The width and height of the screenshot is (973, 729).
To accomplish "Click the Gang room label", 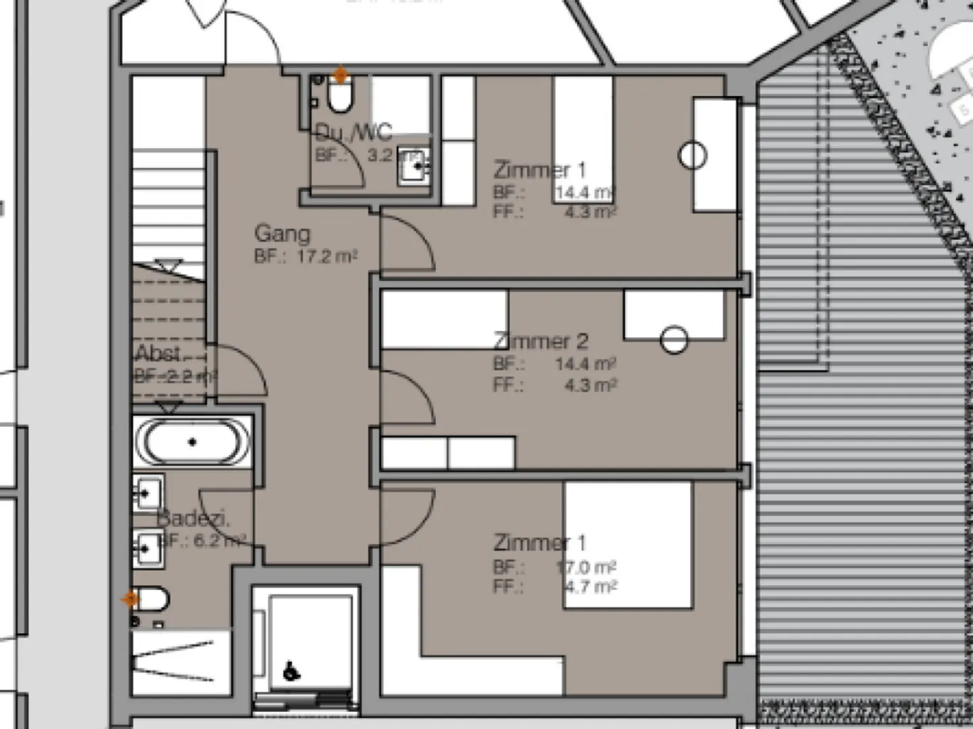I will click(x=282, y=234).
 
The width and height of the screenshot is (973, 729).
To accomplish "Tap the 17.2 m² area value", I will click(x=327, y=257).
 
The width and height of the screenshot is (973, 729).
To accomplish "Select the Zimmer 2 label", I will click(x=541, y=341).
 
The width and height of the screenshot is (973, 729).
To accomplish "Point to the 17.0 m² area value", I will click(x=586, y=567).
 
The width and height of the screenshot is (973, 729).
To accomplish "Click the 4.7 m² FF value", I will click(x=591, y=586).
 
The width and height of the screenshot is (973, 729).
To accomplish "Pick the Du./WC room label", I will click(x=353, y=132).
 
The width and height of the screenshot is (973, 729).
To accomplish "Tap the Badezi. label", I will click(x=193, y=519).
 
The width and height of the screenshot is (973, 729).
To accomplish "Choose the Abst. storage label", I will click(x=159, y=353).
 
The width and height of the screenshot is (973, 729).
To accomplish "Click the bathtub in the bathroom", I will click(x=193, y=443).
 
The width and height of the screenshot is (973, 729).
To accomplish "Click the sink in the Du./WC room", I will click(x=412, y=166).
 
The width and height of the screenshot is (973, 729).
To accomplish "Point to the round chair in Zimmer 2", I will click(x=674, y=340).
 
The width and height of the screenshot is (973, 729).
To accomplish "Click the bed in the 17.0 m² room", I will click(x=628, y=544).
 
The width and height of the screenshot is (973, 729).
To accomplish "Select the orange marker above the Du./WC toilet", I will click(x=341, y=75).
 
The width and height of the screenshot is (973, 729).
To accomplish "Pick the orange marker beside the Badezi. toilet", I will click(x=130, y=599).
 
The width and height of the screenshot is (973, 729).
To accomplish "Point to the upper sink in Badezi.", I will click(x=147, y=494).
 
